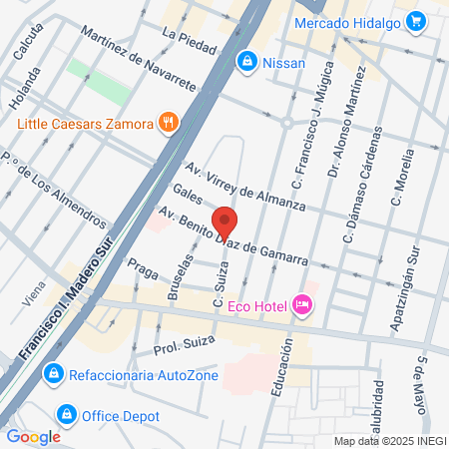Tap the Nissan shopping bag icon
coord(245,63)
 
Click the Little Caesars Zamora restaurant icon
coord(169,124)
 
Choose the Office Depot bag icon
coord(67,412)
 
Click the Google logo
coord(33,436)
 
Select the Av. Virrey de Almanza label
coord(244,186)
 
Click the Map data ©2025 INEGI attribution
coord(389,440)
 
